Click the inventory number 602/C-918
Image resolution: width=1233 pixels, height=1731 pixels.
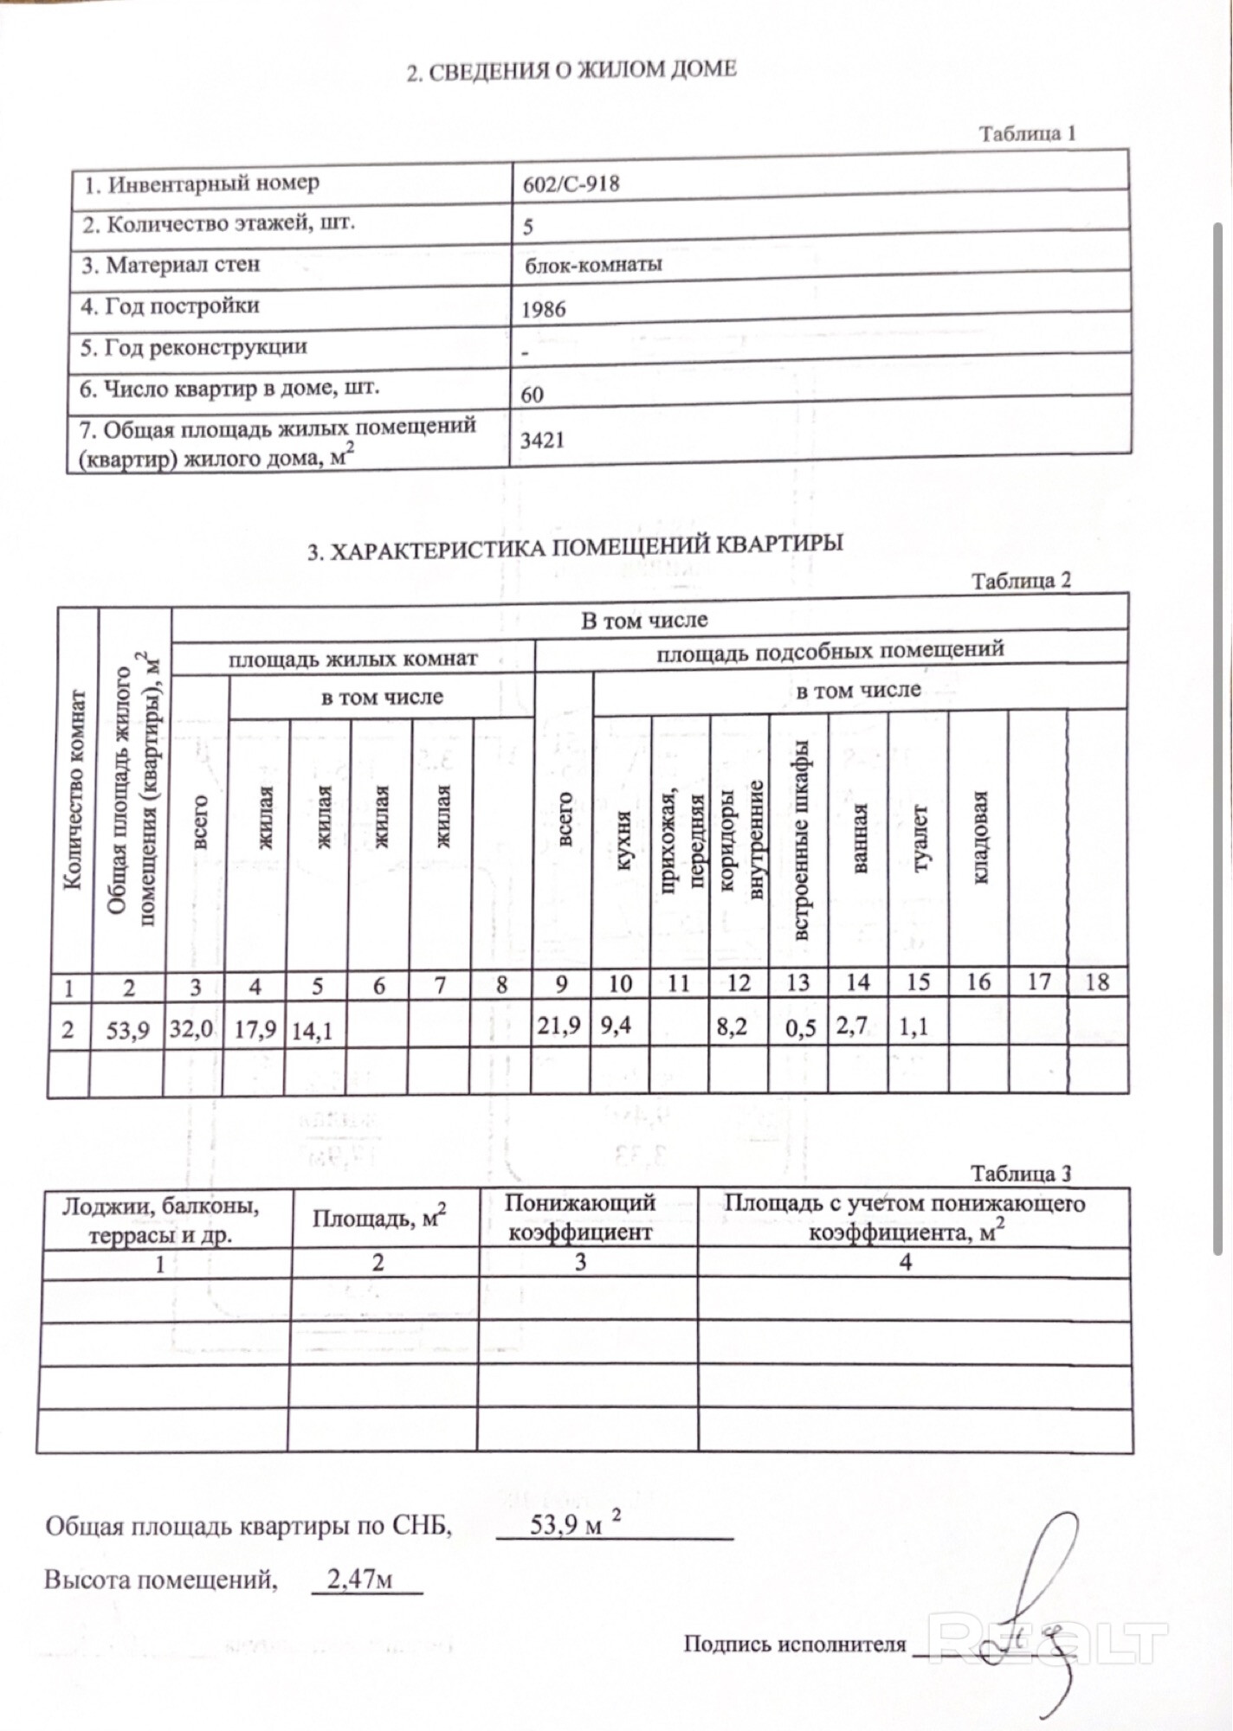tap(571, 183)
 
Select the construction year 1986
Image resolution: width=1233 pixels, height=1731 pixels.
tap(544, 310)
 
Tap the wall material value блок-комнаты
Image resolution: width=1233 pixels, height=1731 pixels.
tap(593, 264)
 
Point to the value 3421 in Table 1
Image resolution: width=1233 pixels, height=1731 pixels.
tap(542, 441)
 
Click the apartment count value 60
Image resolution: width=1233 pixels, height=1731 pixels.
tap(532, 395)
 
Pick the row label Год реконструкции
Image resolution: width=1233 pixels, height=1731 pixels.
tap(194, 348)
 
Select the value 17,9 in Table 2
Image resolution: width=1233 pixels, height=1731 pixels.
tap(255, 1029)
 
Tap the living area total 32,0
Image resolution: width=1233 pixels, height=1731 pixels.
tap(192, 1029)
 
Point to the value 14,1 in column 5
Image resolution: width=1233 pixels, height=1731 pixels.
tap(312, 1030)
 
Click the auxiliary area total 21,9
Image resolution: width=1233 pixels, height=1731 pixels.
tap(558, 1026)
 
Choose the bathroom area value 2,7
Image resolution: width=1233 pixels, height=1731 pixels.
tap(852, 1026)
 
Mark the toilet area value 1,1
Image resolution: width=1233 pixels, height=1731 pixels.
tap(913, 1026)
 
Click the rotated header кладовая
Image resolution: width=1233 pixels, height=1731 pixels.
tap(979, 837)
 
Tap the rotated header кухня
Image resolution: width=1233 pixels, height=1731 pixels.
tap(623, 840)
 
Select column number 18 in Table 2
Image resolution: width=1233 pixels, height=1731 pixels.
tap(1097, 981)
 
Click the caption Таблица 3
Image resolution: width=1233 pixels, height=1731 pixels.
tap(1021, 1174)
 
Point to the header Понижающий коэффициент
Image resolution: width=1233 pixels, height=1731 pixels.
tap(580, 1217)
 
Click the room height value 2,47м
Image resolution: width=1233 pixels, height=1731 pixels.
tap(360, 1580)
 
